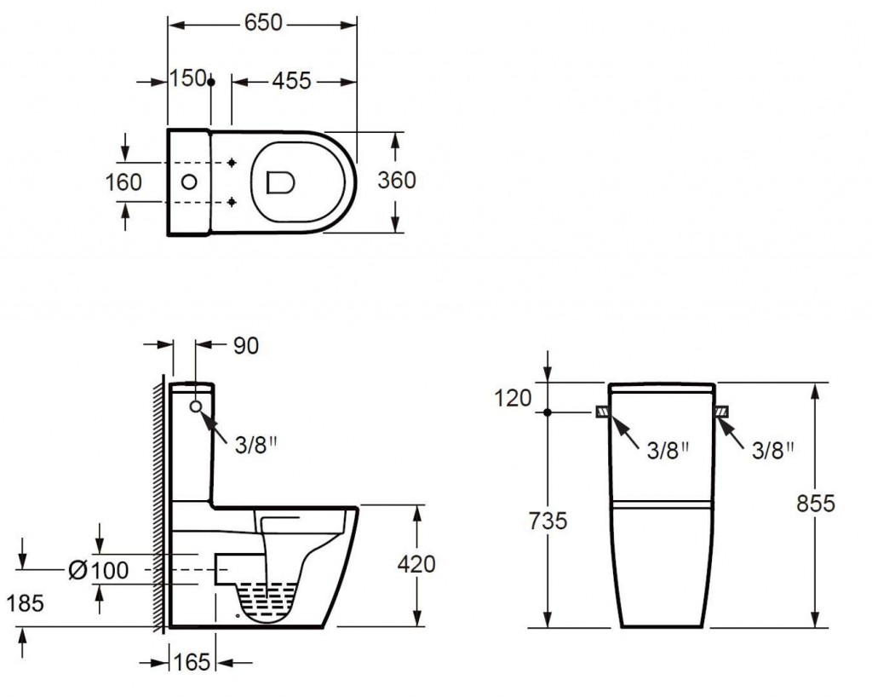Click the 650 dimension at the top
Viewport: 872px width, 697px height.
pyautogui.click(x=263, y=23)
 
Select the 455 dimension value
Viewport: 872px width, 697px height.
pyautogui.click(x=291, y=81)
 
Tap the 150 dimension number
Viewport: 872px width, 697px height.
pyautogui.click(x=188, y=78)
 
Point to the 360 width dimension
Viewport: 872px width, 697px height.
pyautogui.click(x=397, y=181)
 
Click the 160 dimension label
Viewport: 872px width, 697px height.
pyautogui.click(x=123, y=182)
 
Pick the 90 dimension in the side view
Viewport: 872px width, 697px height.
pyautogui.click(x=246, y=346)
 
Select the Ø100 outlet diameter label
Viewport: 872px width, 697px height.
pyautogui.click(x=99, y=570)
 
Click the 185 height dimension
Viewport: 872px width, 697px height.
pyautogui.click(x=26, y=603)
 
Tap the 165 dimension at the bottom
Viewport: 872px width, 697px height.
pyautogui.click(x=192, y=663)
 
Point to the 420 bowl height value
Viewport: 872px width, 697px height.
pyautogui.click(x=416, y=565)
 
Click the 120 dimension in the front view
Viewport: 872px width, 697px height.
pyautogui.click(x=513, y=398)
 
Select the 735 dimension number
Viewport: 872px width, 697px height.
pyautogui.click(x=548, y=521)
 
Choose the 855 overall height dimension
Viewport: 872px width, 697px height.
pyautogui.click(x=816, y=504)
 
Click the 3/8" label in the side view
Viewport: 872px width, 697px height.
pyautogui.click(x=255, y=445)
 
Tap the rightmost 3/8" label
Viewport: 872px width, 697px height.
pyautogui.click(x=773, y=451)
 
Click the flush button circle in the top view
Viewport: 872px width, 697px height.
pyautogui.click(x=189, y=181)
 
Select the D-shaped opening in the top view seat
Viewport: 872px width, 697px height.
pyautogui.click(x=280, y=182)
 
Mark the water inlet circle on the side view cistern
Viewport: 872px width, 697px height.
pyautogui.click(x=196, y=406)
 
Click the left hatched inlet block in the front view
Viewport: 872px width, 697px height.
pyautogui.click(x=603, y=412)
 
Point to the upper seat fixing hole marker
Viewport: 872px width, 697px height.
pyautogui.click(x=232, y=163)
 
